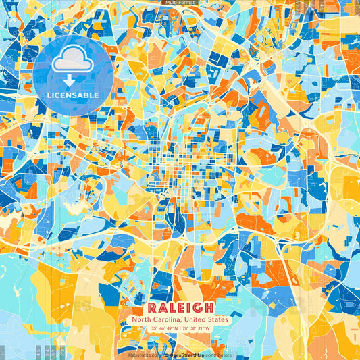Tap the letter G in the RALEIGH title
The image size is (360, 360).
tap(204, 307)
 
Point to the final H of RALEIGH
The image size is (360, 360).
tap(219, 307)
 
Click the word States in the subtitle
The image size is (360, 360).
tap(217, 319)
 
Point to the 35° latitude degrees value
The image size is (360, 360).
tap(154, 329)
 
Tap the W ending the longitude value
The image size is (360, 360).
tap(207, 329)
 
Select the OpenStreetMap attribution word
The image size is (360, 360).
tap(182, 354)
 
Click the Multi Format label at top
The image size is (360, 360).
tap(179, 3)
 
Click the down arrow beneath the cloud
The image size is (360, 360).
tap(72, 76)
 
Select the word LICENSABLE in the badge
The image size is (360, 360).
tap(72, 94)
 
